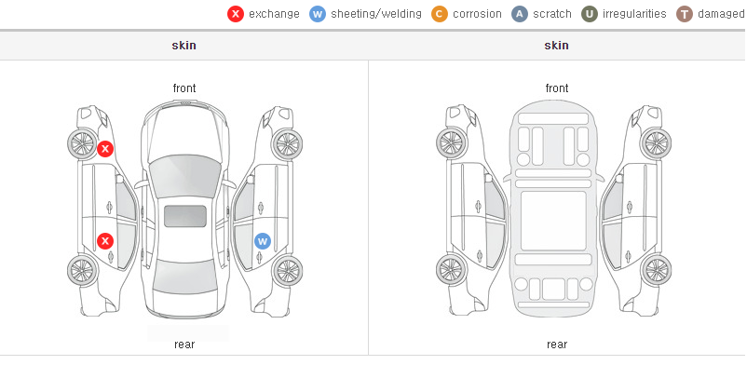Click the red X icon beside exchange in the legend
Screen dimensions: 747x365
[x=236, y=14]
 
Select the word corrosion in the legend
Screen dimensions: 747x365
[x=477, y=14]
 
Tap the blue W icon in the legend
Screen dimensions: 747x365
[x=318, y=14]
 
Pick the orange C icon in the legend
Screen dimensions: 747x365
[x=440, y=14]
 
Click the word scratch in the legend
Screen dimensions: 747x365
[x=552, y=14]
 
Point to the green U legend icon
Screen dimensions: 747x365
[x=590, y=14]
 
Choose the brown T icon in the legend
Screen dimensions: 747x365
[x=684, y=14]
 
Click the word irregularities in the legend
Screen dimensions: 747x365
[x=634, y=14]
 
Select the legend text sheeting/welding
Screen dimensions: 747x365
[x=376, y=14]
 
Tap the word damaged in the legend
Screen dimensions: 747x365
[x=721, y=14]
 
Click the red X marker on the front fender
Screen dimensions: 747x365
[x=105, y=149]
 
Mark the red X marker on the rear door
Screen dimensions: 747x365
[x=105, y=241]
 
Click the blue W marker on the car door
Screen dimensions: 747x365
[x=262, y=241]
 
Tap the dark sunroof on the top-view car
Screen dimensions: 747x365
[x=185, y=216]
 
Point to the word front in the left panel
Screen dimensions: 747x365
[x=184, y=88]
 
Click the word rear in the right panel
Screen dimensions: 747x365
[x=557, y=345]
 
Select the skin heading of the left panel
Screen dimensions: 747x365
[x=183, y=46]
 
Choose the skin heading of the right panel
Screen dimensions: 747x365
[x=556, y=46]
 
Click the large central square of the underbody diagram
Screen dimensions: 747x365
[x=553, y=221]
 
